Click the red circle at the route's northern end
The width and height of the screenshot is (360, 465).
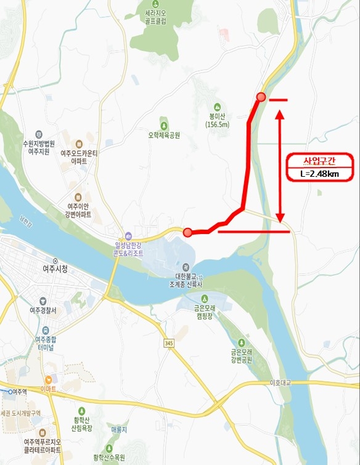261,97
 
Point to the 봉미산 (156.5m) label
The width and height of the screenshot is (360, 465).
218,119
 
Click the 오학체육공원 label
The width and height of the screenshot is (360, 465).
163,134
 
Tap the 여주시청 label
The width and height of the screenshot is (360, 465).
56,269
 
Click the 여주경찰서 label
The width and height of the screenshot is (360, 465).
41,310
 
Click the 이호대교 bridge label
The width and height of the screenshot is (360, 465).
280,383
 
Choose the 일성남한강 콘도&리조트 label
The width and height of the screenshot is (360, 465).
128,248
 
